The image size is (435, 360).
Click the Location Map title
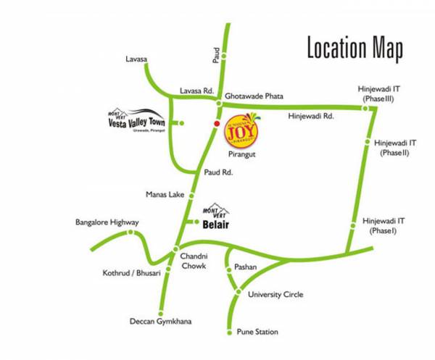[x=355, y=49]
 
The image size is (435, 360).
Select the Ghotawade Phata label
[x=254, y=95]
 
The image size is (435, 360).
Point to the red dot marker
[x=215, y=125]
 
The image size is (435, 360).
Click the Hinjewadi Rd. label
[x=310, y=115]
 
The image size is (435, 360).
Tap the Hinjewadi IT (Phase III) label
[x=378, y=93]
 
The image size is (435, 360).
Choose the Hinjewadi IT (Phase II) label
[x=396, y=148]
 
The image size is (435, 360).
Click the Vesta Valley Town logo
[x=136, y=122]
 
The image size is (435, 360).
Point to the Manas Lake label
[x=165, y=195]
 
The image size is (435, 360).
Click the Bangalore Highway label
[x=107, y=222]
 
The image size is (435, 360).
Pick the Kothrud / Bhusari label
[x=131, y=273]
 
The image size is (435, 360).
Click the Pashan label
[x=245, y=267]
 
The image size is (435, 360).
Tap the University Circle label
[x=275, y=294]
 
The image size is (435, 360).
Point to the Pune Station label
[x=257, y=332]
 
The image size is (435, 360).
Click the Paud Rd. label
[x=217, y=173]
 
